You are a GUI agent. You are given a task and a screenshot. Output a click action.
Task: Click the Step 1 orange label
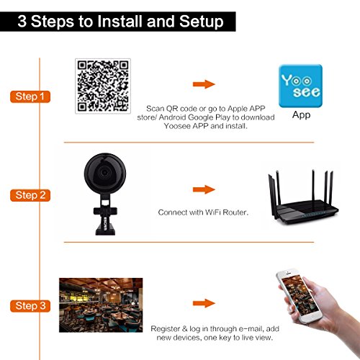pos(30,96)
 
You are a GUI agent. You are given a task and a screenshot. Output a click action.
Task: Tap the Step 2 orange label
pos(30,195)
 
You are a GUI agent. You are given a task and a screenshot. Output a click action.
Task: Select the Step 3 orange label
pos(30,306)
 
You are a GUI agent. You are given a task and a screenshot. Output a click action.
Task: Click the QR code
pos(103,86)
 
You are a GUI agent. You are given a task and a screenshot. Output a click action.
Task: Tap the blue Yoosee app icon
pos(300,86)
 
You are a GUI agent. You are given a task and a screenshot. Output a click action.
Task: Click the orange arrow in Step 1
pos(204,84)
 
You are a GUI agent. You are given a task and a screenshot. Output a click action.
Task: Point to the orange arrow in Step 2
pos(204,189)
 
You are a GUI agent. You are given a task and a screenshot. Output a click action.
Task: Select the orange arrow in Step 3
pos(204,303)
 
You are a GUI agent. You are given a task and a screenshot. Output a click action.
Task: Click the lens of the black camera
pos(104,172)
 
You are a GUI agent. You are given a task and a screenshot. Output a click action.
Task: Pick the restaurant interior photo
pos(101,305)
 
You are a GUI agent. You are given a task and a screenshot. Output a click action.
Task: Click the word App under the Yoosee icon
pos(301,115)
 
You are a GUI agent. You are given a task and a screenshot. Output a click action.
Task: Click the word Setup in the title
pos(202,22)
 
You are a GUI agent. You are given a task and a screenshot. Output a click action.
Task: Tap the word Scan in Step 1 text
pos(155,109)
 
